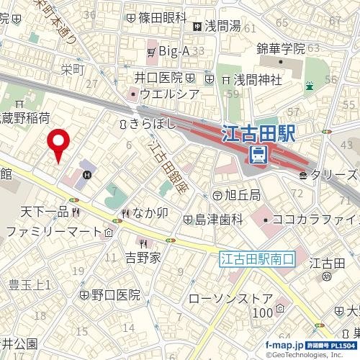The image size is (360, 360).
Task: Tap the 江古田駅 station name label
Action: coord(259,133)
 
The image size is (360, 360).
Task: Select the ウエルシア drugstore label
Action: coord(169,94)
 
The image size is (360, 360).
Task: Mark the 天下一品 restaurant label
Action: coord(43,212)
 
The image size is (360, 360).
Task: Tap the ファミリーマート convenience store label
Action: coord(55,232)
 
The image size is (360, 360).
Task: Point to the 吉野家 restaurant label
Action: coord(143,257)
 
